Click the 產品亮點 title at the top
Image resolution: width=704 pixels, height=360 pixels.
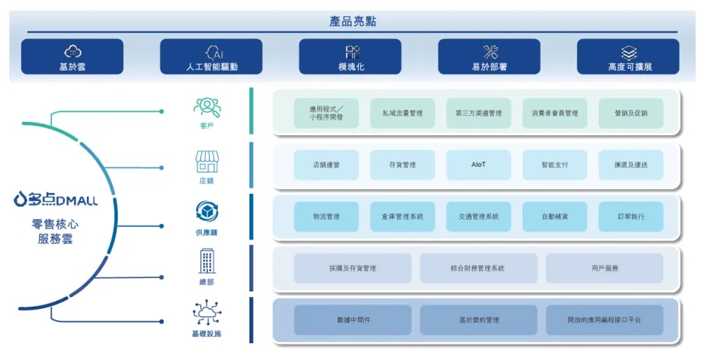click(x=352, y=21)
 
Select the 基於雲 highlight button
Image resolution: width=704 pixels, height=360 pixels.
click(x=72, y=57)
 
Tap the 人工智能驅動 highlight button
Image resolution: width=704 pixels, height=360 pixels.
click(x=211, y=57)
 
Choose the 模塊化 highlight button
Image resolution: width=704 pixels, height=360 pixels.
click(x=350, y=57)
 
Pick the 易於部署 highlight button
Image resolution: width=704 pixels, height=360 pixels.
click(x=489, y=57)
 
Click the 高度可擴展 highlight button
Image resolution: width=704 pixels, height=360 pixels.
click(x=628, y=57)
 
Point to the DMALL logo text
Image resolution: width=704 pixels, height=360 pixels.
click(x=56, y=201)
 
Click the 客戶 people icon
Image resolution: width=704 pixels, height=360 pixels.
click(x=207, y=107)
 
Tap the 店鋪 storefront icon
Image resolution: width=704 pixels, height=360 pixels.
click(x=207, y=162)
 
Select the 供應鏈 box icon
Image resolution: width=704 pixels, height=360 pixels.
click(x=207, y=212)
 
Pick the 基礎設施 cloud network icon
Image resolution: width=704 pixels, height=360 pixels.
click(x=207, y=312)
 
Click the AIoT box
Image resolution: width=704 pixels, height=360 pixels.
click(x=478, y=165)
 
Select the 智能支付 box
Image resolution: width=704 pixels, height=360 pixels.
click(x=554, y=165)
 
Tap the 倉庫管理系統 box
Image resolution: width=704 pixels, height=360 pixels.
click(x=402, y=216)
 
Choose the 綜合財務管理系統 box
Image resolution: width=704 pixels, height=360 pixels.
click(x=478, y=268)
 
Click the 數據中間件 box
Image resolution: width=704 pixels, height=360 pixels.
click(x=352, y=320)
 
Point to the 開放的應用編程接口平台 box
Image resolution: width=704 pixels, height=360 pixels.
click(x=604, y=320)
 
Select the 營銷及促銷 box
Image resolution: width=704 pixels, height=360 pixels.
click(x=630, y=113)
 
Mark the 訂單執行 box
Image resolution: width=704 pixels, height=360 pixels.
click(x=630, y=216)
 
